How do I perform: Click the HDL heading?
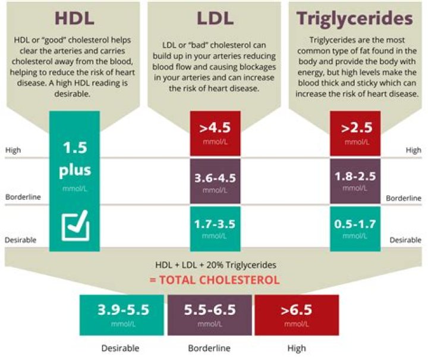[74, 18]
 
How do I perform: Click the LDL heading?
[215, 18]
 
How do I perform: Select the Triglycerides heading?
[355, 18]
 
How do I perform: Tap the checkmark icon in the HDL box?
[75, 226]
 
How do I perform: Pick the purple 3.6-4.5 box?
[215, 181]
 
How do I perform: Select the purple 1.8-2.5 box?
[355, 181]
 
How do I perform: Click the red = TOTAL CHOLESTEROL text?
[215, 280]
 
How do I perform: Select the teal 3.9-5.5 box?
[123, 315]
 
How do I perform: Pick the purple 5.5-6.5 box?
[210, 315]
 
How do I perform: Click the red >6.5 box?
[297, 315]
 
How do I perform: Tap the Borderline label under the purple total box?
[210, 348]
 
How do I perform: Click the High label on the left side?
[13, 151]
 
